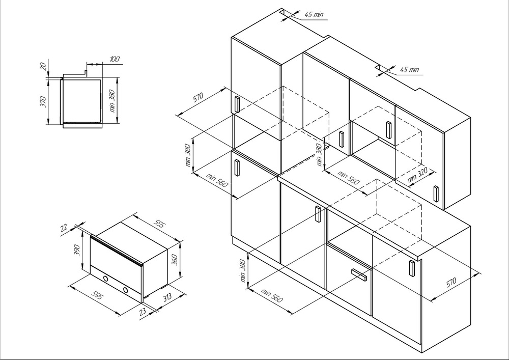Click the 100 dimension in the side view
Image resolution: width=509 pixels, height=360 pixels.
click(115, 59)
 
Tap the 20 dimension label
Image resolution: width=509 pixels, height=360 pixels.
click(43, 66)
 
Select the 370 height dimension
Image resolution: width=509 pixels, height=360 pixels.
click(43, 102)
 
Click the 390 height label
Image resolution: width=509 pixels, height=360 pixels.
click(77, 251)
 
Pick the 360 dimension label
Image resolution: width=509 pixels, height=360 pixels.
click(174, 260)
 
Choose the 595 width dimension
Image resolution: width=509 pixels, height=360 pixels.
click(97, 295)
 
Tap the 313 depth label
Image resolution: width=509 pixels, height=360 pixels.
click(167, 297)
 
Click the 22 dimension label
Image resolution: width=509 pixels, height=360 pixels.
click(64, 227)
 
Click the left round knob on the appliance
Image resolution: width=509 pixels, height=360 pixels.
click(105, 278)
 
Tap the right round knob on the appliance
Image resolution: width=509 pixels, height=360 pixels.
click(126, 290)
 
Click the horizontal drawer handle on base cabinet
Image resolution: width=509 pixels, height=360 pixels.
click(359, 274)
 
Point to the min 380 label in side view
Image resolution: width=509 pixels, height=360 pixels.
click(112, 101)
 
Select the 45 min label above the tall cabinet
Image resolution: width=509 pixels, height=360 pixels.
click(314, 14)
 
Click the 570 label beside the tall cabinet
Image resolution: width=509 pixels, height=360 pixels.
click(197, 97)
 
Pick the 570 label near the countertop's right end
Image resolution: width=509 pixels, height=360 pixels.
click(451, 283)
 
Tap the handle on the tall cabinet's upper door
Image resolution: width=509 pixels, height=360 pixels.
click(237, 104)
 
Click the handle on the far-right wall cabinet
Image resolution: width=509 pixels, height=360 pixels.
click(436, 194)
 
